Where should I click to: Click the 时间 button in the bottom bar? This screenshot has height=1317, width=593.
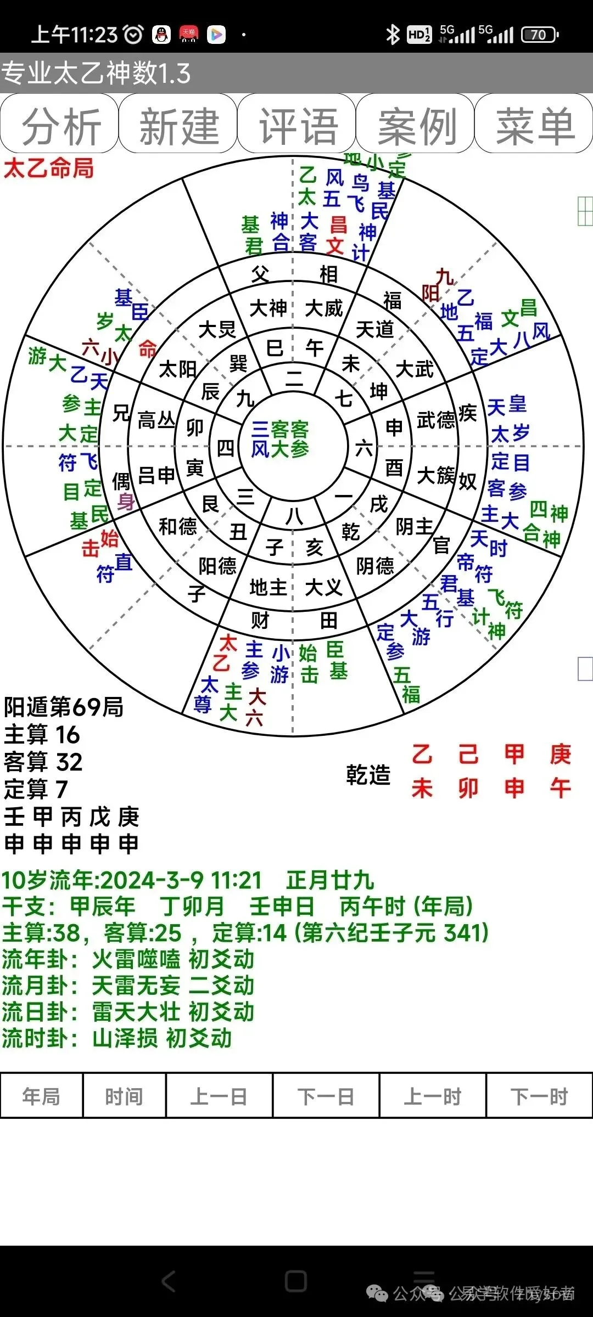(x=124, y=1096)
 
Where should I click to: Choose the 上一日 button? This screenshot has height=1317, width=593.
(x=219, y=1096)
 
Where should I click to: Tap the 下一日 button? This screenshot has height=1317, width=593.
(x=326, y=1096)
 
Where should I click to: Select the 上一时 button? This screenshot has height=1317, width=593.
(x=433, y=1096)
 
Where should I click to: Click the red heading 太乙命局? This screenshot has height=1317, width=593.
(x=48, y=168)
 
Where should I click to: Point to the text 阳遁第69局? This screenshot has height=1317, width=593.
(x=64, y=707)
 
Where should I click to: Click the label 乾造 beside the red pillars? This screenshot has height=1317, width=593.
(x=368, y=775)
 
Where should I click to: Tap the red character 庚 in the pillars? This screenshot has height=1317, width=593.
(x=560, y=755)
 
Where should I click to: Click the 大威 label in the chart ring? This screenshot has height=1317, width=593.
(x=323, y=308)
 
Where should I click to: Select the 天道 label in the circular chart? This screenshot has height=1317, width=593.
(x=375, y=329)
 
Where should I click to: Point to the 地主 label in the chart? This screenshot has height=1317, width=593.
(x=268, y=587)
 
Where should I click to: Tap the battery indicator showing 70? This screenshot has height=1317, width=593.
(x=539, y=35)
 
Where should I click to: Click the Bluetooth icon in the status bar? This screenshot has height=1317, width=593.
(x=392, y=35)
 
